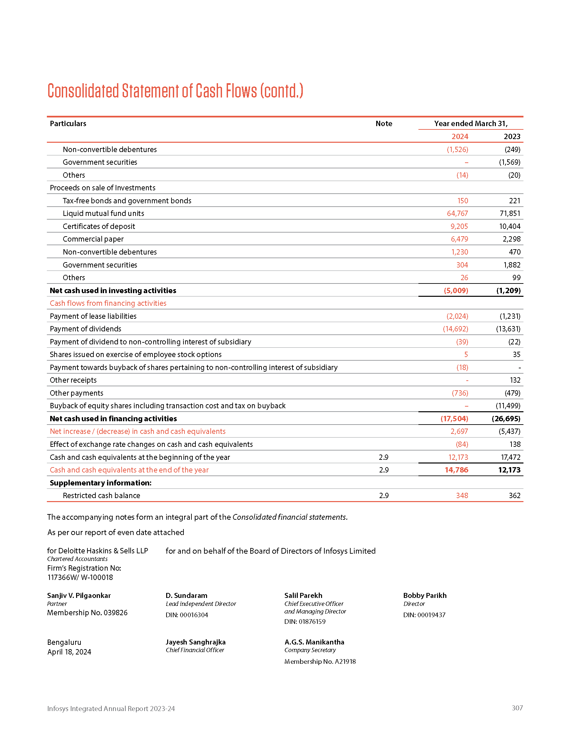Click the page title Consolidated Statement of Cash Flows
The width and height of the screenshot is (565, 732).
pos(175,91)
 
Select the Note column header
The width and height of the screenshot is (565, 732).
pos(384,123)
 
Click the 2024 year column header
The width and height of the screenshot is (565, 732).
pos(460,136)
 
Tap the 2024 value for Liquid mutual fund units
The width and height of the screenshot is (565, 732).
pos(457,214)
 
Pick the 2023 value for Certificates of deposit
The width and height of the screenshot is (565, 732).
pos(509,226)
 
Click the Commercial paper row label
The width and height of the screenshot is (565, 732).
pos(93,239)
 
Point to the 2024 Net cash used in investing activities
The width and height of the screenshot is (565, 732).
pos(456,290)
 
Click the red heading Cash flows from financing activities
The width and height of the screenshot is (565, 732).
pos(108,303)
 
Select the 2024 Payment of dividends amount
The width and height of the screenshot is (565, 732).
pos(455,329)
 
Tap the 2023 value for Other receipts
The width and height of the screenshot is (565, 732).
pos(515,380)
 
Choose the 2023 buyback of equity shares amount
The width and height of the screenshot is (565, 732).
pos(508,406)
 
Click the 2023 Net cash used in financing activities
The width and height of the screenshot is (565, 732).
pos(506,419)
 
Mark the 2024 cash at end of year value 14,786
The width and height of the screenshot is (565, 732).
pos(456,470)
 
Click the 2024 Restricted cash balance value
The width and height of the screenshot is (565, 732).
pos(462,495)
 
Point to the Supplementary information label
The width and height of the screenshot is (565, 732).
pos(100,483)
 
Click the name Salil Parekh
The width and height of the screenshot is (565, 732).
pos(303,595)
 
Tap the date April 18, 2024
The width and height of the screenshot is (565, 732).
pos(69,651)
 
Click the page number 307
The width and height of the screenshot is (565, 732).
pos(517,708)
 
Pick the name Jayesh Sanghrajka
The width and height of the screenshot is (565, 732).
pos(195,642)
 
